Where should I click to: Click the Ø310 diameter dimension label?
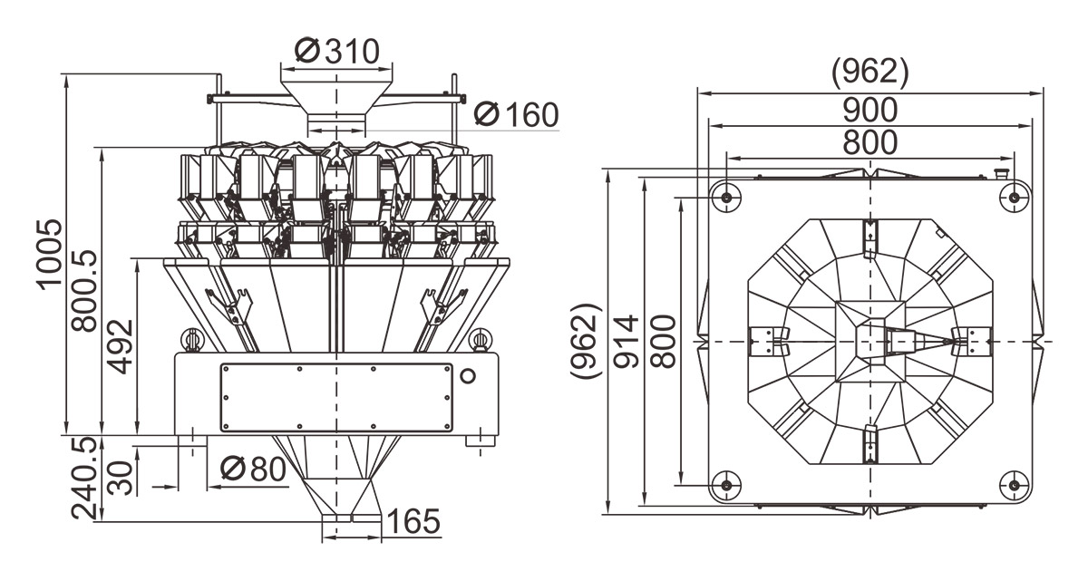pos(336,51)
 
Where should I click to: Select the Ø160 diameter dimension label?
pos(516,115)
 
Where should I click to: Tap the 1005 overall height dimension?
pos(49,254)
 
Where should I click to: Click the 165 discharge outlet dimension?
pos(413,522)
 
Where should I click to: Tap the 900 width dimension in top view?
pos(869,111)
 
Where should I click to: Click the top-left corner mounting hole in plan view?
pos(725,195)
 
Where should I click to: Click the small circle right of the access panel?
pos(468,375)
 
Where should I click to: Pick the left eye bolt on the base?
pos(192,339)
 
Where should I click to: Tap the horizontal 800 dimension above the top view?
pos(869,143)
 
